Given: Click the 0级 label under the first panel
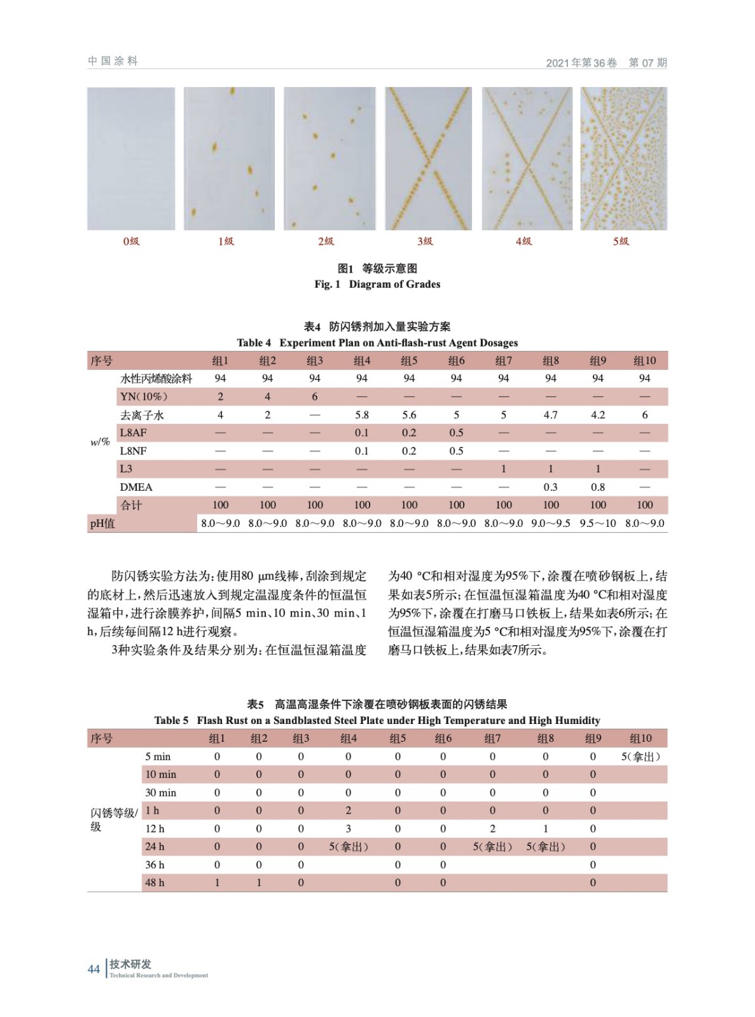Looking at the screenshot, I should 131,241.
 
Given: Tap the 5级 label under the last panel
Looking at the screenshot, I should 621,241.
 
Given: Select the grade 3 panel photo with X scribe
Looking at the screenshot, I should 428,158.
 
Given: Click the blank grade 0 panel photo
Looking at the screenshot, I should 131,158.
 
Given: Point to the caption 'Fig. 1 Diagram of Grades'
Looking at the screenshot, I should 377,284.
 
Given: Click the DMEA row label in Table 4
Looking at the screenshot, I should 136,487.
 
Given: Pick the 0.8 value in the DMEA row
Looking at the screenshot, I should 597,487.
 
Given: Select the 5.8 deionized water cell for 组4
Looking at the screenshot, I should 361,414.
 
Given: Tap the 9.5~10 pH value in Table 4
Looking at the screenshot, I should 597,523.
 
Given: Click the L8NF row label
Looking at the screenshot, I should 133,451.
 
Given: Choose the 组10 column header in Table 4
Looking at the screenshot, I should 644,360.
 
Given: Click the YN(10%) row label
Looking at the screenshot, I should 144,397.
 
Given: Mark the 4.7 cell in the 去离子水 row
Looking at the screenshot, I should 550,414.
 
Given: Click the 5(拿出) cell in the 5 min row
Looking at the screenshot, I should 641,756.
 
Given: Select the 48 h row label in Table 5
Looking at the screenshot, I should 155,882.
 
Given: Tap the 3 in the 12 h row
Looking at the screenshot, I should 348,828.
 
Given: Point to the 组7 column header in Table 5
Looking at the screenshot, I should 492,738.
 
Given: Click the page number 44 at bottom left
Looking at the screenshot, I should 94,969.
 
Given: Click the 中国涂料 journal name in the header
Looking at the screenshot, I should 113,61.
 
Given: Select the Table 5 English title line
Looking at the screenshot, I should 377,720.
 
